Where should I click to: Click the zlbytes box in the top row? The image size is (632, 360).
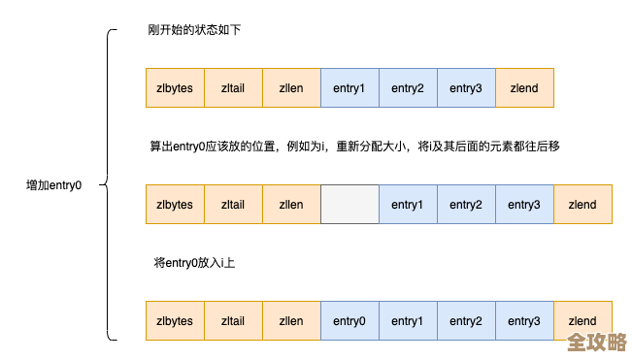click(175, 88)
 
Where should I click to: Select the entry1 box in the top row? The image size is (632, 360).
click(349, 88)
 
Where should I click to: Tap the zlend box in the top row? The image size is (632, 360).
click(524, 88)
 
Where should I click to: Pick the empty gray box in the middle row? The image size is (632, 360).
click(349, 205)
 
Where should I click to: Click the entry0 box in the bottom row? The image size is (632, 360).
click(349, 321)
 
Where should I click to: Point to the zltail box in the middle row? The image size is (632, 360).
click(233, 205)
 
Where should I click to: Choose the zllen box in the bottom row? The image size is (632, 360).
click(291, 321)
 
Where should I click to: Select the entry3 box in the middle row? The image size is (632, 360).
click(524, 205)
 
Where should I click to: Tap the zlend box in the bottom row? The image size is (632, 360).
click(582, 321)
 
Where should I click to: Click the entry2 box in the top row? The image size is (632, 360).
click(408, 88)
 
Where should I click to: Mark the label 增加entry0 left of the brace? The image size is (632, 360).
click(54, 184)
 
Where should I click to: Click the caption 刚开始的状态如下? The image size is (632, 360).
click(194, 30)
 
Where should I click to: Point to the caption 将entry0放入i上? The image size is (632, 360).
click(194, 263)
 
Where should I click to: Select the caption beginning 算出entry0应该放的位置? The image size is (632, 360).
click(354, 147)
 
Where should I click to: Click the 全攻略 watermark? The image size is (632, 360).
click(597, 343)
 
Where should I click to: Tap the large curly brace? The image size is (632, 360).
click(108, 184)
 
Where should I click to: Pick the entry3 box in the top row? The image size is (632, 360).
click(466, 88)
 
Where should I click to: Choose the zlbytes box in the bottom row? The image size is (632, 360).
click(175, 321)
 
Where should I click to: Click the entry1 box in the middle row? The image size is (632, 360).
click(408, 205)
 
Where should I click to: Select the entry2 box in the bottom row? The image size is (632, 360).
click(466, 321)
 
